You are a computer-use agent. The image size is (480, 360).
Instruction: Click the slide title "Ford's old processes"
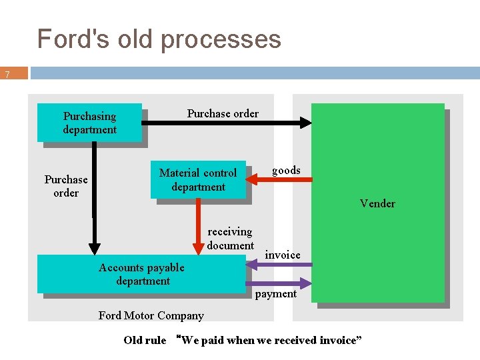click(159, 39)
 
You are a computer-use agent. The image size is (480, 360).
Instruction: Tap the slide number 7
click(7, 75)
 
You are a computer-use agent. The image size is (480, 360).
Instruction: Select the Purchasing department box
click(89, 123)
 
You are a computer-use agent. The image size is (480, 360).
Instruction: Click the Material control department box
click(198, 180)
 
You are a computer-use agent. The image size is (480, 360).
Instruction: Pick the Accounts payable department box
click(142, 274)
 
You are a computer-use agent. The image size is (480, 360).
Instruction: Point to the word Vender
click(377, 203)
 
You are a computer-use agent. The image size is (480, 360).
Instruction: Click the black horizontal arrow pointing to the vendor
click(227, 123)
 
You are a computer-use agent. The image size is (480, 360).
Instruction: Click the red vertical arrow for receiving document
click(198, 227)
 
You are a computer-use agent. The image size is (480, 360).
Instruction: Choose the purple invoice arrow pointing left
click(280, 265)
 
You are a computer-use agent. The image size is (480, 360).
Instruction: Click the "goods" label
click(286, 170)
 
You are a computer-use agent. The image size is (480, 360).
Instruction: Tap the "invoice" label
click(283, 255)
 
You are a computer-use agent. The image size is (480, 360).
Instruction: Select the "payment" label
click(276, 294)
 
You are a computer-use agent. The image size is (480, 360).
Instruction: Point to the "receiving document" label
click(230, 239)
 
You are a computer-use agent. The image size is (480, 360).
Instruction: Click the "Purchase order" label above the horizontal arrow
click(223, 113)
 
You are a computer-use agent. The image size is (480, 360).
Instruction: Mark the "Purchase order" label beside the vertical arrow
click(66, 186)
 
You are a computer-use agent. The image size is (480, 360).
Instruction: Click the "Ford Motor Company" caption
click(151, 315)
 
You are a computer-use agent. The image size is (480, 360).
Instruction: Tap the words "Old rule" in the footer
click(145, 340)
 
